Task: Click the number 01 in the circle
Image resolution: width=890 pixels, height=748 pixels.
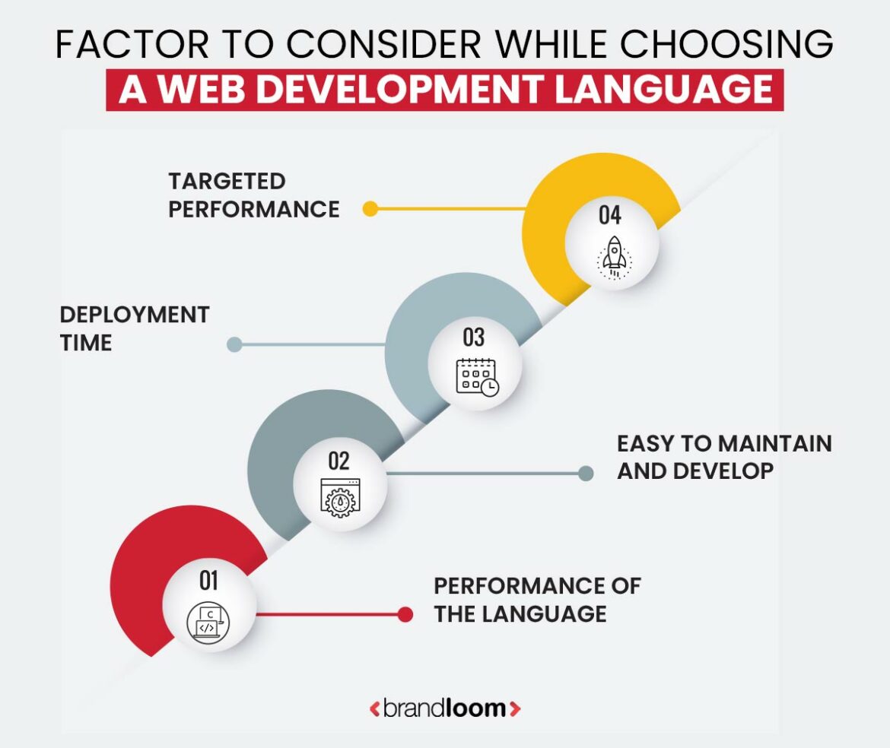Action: coord(208,580)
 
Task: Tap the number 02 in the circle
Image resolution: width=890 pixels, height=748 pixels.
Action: coord(339,461)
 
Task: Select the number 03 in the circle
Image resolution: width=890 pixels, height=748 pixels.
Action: coord(474,338)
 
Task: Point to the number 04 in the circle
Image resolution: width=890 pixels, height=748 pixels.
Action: coord(610,215)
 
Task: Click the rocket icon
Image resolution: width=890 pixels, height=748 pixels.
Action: coord(614,258)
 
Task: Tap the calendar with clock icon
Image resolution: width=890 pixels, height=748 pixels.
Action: coord(478,376)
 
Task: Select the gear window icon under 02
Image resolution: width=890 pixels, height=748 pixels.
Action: coord(340,498)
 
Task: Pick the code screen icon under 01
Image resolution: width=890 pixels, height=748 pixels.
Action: coord(208,622)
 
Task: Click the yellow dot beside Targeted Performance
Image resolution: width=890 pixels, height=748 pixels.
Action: coord(370,209)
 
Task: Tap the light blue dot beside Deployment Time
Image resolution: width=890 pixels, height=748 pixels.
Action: coord(234,344)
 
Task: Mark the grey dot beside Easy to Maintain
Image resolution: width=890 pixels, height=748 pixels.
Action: coord(586,473)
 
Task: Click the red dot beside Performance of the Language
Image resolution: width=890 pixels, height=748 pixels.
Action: coord(405,614)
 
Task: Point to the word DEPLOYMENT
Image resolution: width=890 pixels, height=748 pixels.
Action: coord(135,315)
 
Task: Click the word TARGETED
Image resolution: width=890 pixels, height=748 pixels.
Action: coord(227,182)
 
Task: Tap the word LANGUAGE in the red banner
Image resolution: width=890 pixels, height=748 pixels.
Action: coord(663,90)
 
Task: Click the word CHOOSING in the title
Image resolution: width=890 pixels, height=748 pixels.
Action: coord(726,43)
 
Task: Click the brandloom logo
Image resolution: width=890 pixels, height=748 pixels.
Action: coord(445,708)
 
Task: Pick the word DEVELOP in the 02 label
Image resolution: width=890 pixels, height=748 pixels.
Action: coord(726,471)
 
